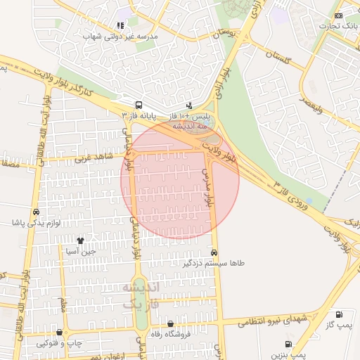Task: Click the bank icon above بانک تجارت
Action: tap(339, 15)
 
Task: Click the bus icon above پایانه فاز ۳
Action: tap(138, 103)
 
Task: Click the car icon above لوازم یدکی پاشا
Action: tap(35, 212)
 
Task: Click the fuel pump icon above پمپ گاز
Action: tap(340, 314)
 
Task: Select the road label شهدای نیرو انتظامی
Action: tap(271, 321)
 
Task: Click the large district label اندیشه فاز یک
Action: tap(141, 295)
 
